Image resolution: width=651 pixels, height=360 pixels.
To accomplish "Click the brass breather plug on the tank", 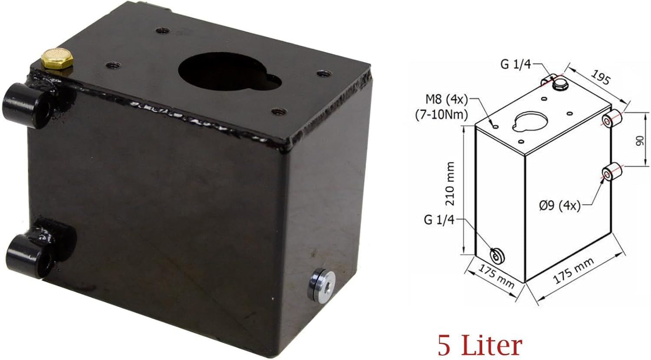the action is point(57,59).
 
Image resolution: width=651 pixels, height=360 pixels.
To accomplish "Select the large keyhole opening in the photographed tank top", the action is point(229,71).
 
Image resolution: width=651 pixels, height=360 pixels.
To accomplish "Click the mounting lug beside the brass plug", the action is point(28,105).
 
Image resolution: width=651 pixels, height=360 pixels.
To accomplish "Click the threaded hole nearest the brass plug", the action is point(113,65).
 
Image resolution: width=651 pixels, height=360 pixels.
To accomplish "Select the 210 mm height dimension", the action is point(450,184).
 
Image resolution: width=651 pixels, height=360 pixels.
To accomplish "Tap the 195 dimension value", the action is point(600,77).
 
